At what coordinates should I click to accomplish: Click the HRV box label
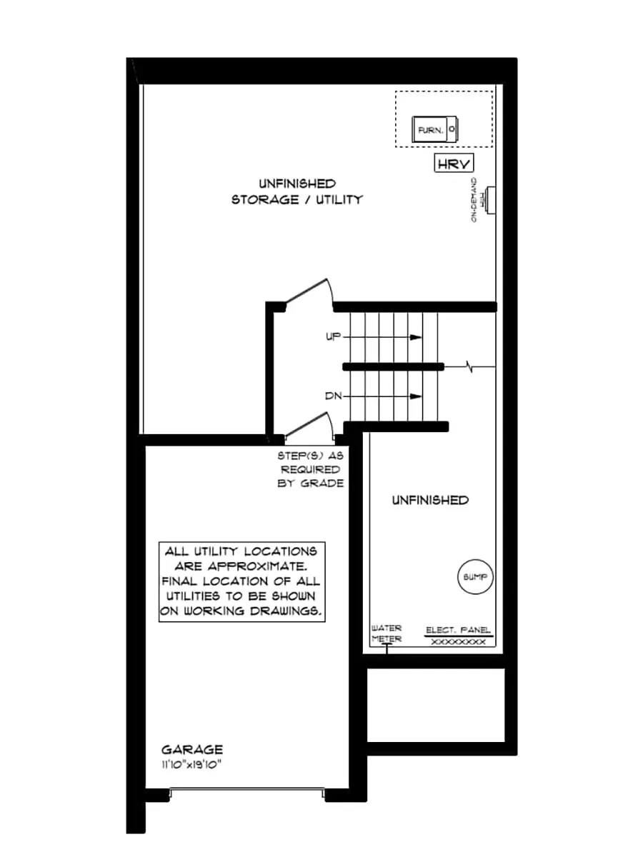(454, 164)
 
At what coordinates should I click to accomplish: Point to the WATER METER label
(387, 633)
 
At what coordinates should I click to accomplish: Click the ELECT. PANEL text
(458, 630)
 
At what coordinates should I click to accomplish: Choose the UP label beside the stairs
(334, 336)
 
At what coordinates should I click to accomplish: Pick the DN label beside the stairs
(334, 396)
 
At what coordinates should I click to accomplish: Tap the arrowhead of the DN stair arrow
(416, 396)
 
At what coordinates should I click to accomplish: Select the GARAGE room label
(191, 749)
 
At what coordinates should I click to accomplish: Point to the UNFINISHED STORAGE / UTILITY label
(296, 192)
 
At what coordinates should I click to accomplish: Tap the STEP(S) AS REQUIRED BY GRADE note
(311, 469)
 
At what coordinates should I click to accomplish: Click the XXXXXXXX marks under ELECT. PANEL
(459, 642)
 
